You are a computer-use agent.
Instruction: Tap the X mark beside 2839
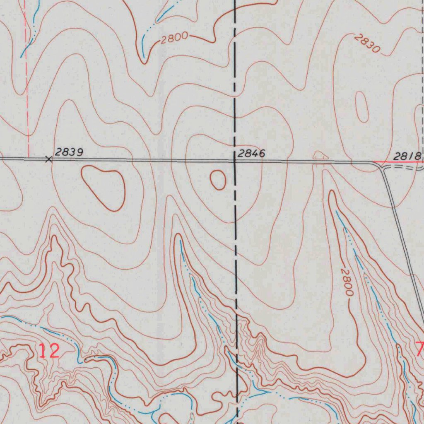point(49,159)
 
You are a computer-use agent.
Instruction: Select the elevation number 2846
point(251,154)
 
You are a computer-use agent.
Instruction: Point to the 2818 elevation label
point(407,156)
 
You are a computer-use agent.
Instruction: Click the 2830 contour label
point(367,43)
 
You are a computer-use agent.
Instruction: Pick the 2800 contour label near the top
point(174,39)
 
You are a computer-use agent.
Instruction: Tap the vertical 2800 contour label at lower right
point(347,282)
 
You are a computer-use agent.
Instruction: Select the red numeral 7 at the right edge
point(420,349)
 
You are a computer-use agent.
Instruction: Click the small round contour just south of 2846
point(218,180)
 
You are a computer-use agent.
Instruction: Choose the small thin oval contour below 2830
point(362,107)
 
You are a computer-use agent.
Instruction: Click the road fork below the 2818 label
point(381,166)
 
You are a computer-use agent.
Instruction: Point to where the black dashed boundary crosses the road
point(235,161)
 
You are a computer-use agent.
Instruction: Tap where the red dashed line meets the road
point(28,158)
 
